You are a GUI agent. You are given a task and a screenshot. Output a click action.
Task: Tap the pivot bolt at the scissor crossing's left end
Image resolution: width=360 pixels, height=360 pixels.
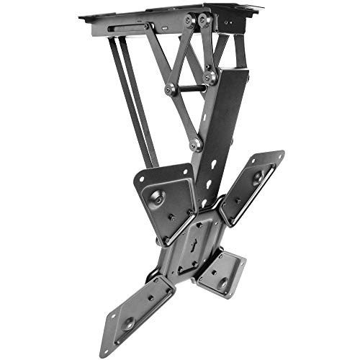[170, 89]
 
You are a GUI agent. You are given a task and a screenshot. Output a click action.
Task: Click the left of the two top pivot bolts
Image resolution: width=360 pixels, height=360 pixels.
[189, 21]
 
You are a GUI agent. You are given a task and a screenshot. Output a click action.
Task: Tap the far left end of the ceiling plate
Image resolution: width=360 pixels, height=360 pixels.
[81, 16]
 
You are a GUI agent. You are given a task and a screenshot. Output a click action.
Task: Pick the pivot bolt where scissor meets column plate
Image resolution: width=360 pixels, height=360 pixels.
[210, 76]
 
